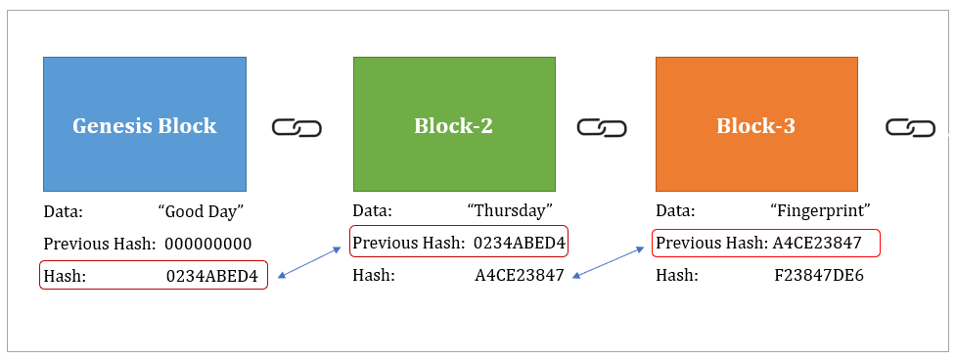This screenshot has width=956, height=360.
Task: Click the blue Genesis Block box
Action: [x=145, y=124]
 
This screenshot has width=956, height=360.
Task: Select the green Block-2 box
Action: [x=454, y=124]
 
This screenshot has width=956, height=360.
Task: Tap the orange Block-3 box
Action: [x=756, y=124]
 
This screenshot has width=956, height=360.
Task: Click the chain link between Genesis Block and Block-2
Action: [x=296, y=128]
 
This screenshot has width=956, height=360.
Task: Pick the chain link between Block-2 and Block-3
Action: [x=602, y=128]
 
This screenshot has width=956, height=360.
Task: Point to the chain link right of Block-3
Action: [x=911, y=128]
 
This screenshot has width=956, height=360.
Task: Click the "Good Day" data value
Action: [x=201, y=211]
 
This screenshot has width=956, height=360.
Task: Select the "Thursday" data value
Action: [x=510, y=211]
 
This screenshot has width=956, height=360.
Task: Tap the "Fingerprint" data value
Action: [x=820, y=211]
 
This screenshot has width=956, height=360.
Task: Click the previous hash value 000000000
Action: [x=208, y=244]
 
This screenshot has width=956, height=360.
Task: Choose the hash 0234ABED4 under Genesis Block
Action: [x=211, y=276]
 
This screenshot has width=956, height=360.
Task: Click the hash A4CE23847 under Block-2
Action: [x=520, y=276]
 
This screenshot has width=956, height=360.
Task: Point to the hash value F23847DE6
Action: [x=819, y=276]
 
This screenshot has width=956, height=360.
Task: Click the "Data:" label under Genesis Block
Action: [x=64, y=211]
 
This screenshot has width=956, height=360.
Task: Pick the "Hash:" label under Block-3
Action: [x=676, y=276]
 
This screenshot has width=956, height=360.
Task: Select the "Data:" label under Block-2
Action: [x=373, y=211]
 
